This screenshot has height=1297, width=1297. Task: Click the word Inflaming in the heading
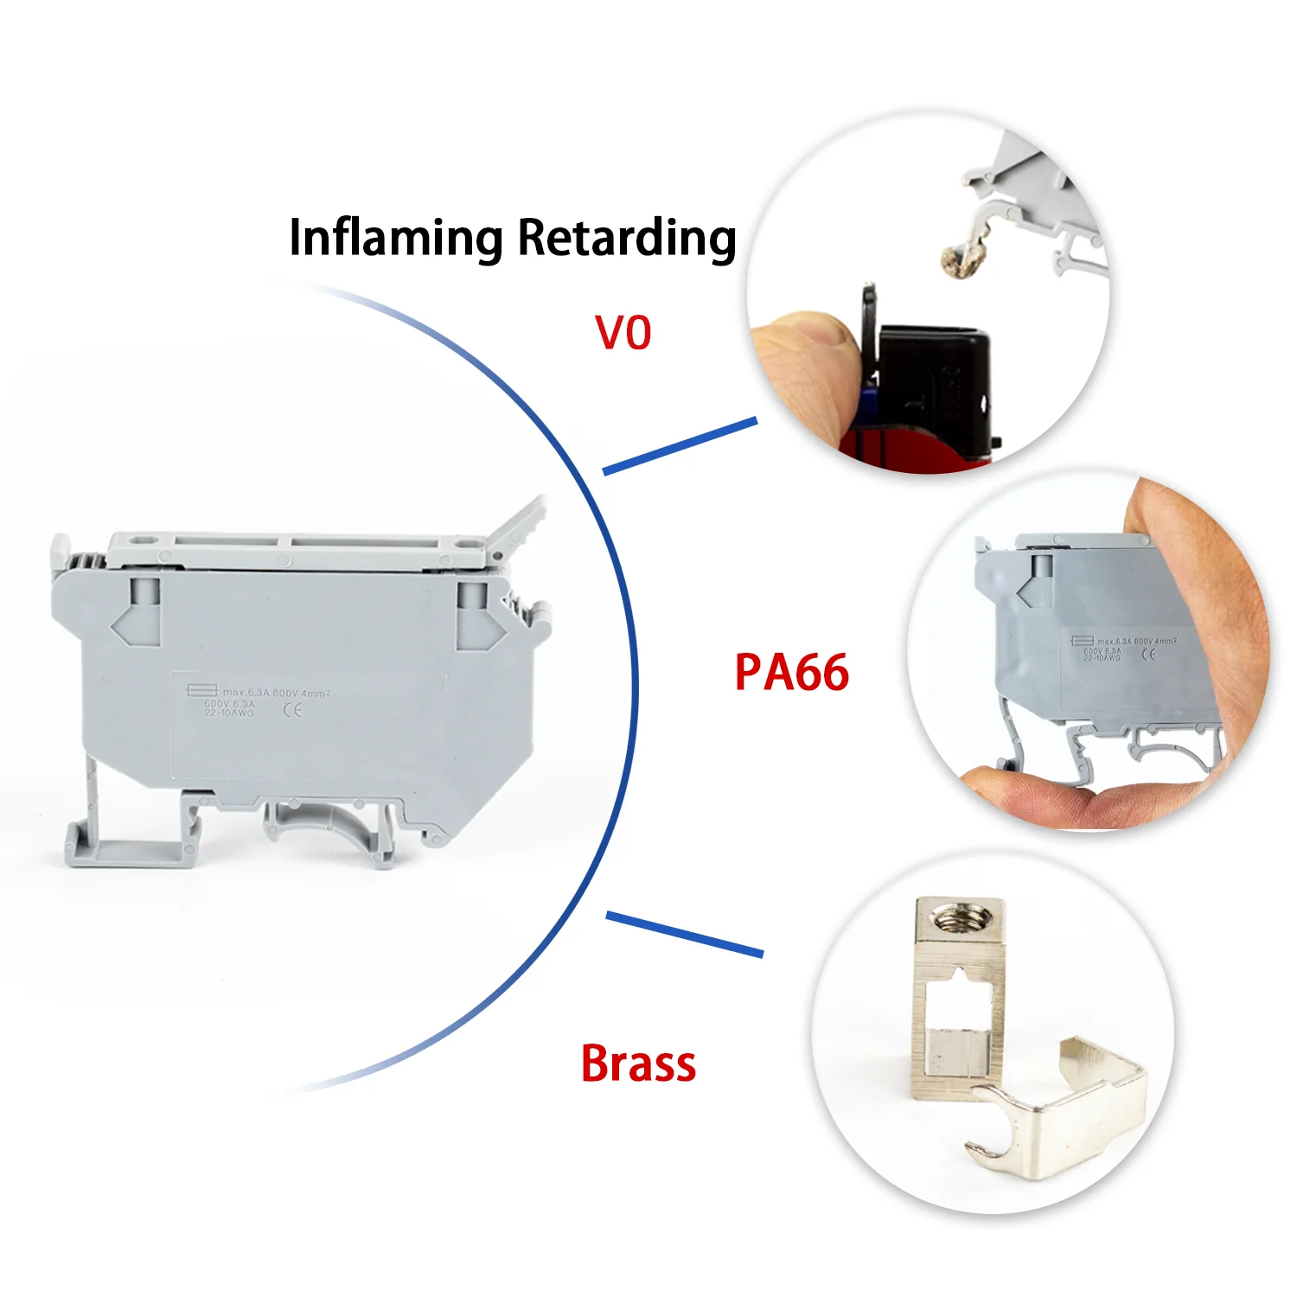coord(395,238)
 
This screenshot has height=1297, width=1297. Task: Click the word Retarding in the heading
coord(626,238)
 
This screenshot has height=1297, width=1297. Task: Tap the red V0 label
coord(623,333)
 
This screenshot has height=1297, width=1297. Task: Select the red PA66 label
coord(791,673)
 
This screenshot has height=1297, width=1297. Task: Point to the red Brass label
coord(638,1064)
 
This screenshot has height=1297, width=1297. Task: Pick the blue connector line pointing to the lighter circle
coord(680,446)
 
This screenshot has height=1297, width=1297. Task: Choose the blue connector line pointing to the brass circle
coord(684,934)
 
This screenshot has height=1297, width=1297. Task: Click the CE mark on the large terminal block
coord(293,711)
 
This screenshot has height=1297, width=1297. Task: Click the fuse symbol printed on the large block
coord(202,690)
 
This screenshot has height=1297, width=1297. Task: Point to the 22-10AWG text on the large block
coord(229,713)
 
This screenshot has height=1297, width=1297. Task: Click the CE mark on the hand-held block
coord(1148,655)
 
